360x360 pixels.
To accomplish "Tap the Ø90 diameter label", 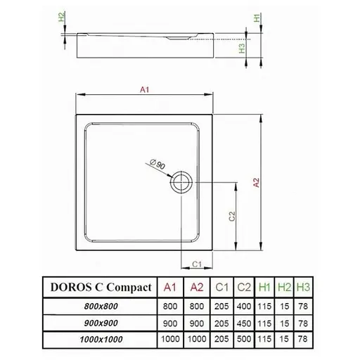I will click(x=157, y=166).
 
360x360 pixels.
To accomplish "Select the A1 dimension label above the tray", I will click(x=144, y=90).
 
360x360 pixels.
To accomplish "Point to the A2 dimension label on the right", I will click(x=257, y=182).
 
